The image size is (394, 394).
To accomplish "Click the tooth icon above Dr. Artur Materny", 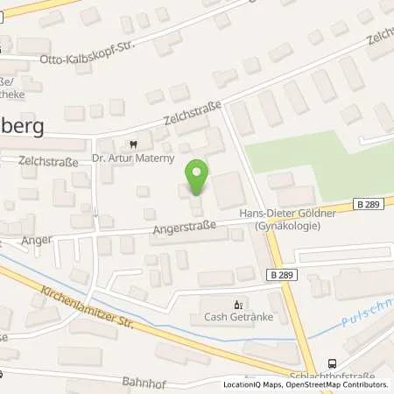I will point(134,144).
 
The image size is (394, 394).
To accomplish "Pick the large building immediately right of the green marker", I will point(229,191).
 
